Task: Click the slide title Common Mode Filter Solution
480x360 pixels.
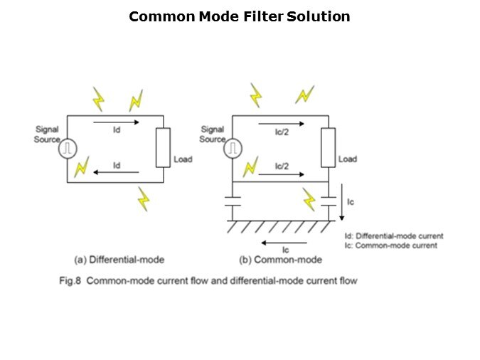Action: point(240,16)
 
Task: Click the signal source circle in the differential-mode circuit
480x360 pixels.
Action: point(68,149)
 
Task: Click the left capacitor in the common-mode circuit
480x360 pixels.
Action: point(233,201)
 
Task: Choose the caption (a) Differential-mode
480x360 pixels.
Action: point(119,260)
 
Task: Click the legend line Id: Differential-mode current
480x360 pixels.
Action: point(393,236)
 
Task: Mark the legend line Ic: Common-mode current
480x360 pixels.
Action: point(390,245)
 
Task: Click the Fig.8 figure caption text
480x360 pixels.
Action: point(208,280)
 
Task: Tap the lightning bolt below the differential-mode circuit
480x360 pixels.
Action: point(144,198)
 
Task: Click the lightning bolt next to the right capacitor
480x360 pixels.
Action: point(309,198)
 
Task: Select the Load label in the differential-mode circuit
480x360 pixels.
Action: point(183,159)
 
